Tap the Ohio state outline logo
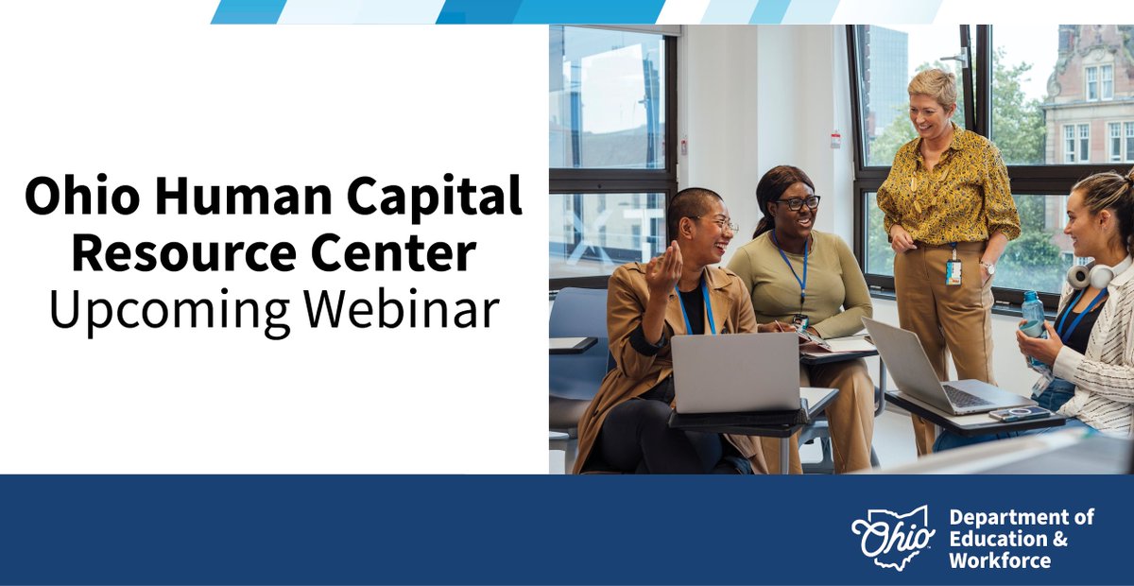tap(893, 536)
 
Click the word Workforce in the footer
tap(999, 560)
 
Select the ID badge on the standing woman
tap(953, 271)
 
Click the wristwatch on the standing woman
tap(988, 268)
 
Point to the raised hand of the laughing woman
tap(664, 267)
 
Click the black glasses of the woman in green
tap(799, 202)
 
